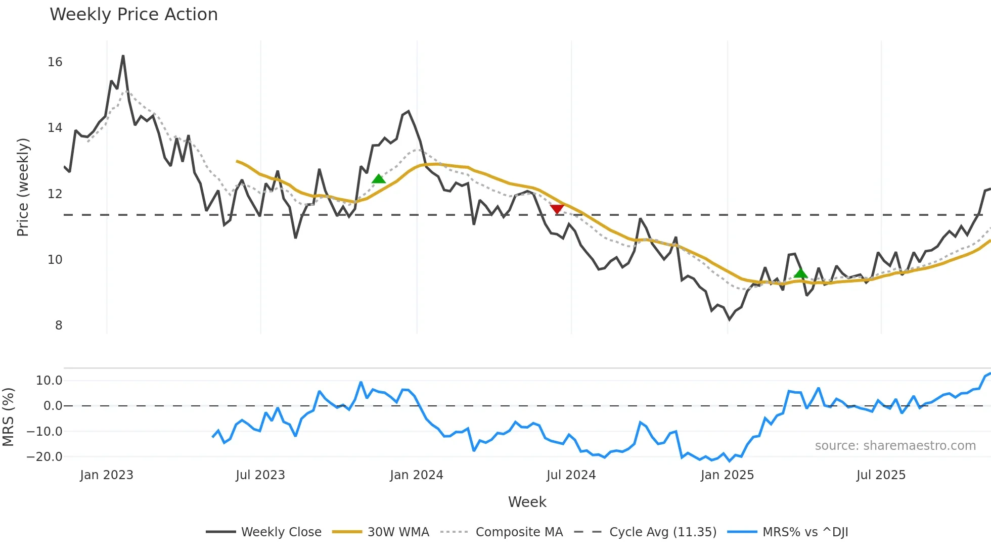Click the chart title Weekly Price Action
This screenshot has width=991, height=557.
tap(133, 15)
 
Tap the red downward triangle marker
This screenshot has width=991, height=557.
tap(557, 209)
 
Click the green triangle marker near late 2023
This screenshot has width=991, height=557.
tap(379, 179)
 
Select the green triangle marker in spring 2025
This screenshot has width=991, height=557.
tap(800, 273)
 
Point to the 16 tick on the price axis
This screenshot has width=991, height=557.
tap(55, 62)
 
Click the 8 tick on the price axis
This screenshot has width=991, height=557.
tap(59, 326)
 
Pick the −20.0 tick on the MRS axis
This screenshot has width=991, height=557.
tap(44, 457)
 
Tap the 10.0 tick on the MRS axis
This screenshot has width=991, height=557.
tap(49, 381)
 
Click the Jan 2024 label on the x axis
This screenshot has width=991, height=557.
tap(417, 475)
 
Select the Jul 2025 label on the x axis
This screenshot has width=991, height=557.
tap(881, 475)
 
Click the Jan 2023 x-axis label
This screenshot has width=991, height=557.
tap(107, 475)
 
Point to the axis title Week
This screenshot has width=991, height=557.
tap(527, 502)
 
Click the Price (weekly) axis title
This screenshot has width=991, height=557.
tap(23, 187)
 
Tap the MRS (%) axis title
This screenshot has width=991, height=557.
tap(8, 417)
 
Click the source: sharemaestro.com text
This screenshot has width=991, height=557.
tap(895, 446)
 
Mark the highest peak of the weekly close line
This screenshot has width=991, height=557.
tap(123, 56)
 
